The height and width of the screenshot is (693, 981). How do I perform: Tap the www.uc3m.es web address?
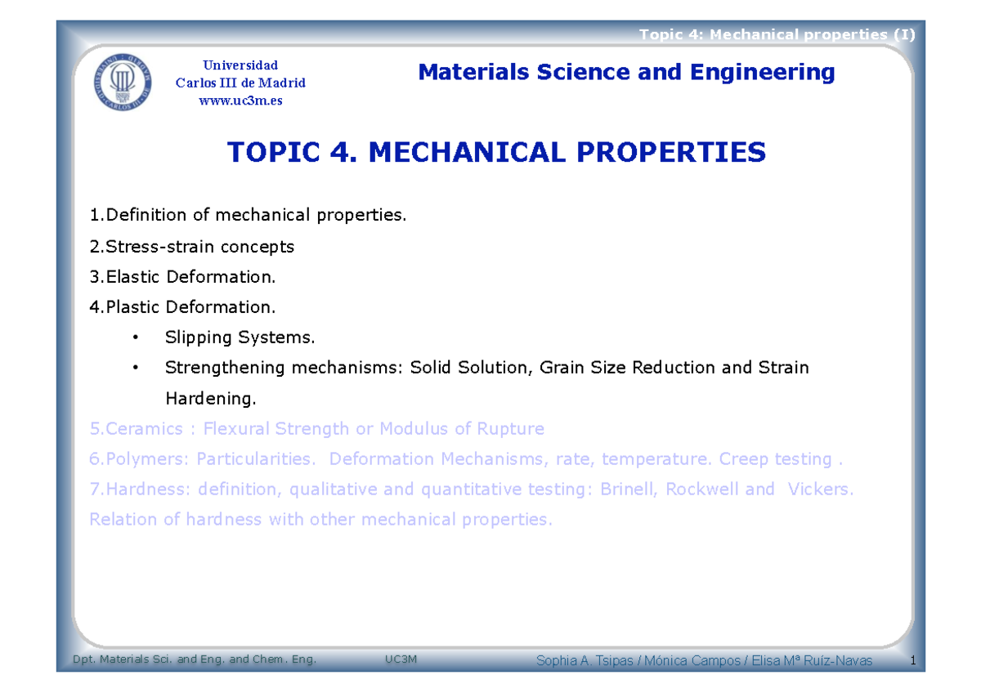point(240,101)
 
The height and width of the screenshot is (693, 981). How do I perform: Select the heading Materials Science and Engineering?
point(626,73)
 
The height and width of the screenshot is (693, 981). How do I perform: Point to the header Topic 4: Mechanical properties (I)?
point(777,34)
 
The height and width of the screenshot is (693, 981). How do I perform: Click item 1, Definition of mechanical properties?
point(248,216)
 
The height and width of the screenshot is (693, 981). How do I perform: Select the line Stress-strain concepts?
point(192,246)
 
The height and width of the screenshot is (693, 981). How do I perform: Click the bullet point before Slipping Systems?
point(135,338)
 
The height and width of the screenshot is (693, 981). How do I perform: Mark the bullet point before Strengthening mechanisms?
point(135,368)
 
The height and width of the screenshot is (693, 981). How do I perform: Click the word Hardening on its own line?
point(210,399)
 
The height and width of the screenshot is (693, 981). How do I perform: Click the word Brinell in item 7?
point(628,490)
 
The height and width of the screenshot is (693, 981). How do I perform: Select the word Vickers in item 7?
point(818,490)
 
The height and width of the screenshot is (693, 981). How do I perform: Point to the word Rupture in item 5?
point(512,429)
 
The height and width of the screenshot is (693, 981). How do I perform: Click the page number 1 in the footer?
point(911,660)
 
